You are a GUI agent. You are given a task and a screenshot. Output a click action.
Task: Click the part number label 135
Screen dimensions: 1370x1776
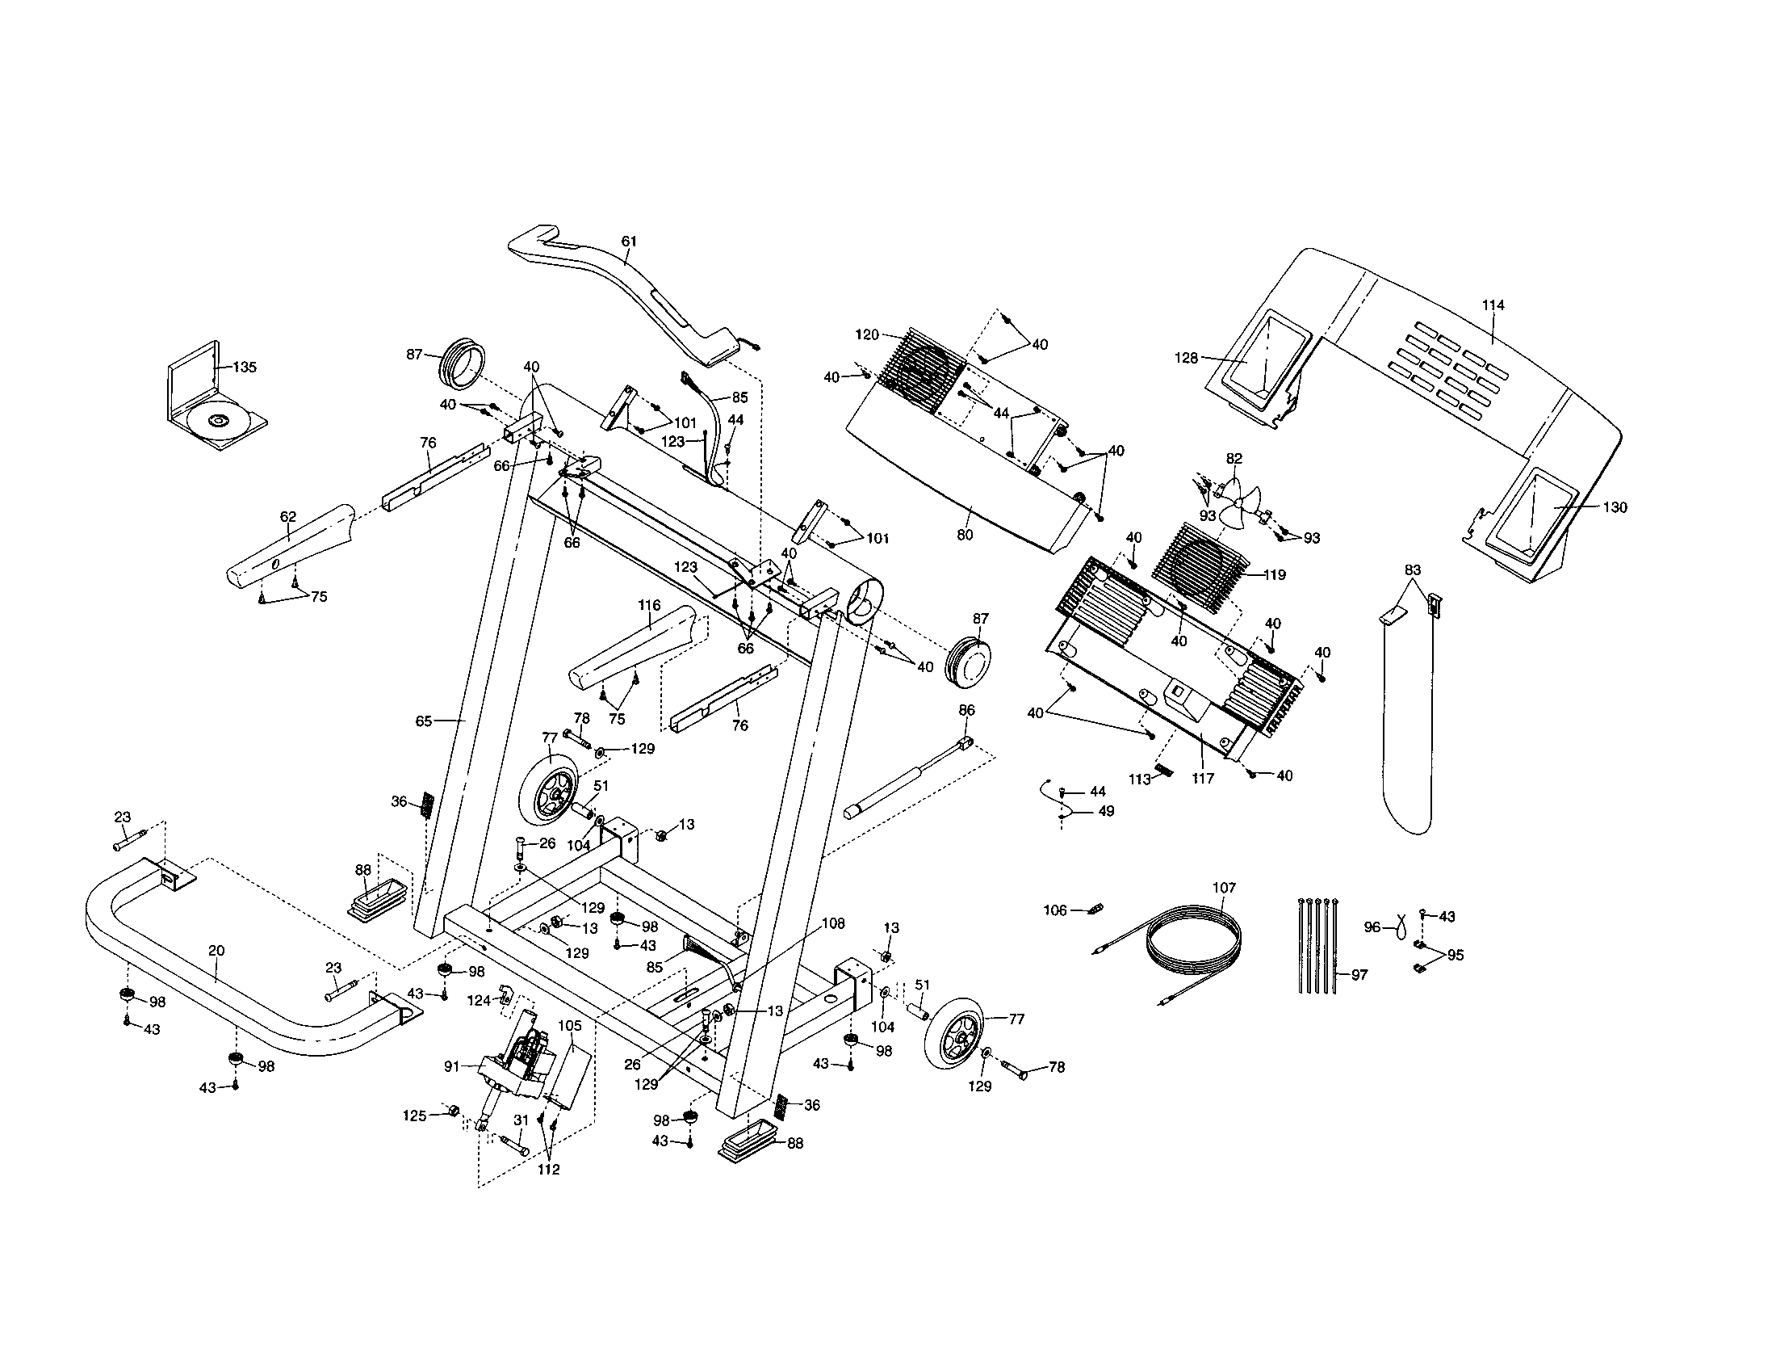click(x=244, y=367)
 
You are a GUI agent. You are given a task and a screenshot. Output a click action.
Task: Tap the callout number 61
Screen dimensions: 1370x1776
click(x=629, y=242)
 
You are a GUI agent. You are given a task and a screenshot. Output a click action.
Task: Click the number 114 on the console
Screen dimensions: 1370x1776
click(x=1493, y=305)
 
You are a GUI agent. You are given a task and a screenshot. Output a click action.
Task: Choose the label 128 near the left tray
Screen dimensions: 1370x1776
click(x=1187, y=357)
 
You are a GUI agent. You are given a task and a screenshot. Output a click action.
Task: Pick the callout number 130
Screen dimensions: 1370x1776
click(x=1615, y=506)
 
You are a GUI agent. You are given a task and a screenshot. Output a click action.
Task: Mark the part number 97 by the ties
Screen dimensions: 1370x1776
click(x=1359, y=975)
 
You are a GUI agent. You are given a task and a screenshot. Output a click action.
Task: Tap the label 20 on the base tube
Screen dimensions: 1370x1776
click(x=216, y=950)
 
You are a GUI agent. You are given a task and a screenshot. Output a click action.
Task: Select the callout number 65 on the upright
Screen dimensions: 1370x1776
click(x=424, y=720)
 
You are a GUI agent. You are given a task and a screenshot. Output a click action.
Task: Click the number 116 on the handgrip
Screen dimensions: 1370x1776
click(x=649, y=605)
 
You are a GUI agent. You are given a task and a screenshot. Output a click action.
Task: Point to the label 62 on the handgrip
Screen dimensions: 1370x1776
click(x=288, y=517)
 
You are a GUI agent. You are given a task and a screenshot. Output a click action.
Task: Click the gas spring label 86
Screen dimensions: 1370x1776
click(x=966, y=710)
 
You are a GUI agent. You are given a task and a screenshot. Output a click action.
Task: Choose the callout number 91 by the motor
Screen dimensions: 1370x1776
click(x=453, y=1065)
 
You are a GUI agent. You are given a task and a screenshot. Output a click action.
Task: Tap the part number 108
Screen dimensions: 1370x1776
click(x=833, y=923)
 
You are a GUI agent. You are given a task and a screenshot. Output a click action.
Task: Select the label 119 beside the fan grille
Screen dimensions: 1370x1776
click(x=1274, y=574)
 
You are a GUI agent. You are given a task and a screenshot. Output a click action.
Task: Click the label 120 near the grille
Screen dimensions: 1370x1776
click(x=867, y=334)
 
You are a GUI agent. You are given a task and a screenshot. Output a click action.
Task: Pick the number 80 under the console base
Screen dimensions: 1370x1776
click(x=965, y=535)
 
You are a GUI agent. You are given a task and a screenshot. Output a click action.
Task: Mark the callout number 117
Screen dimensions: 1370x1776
click(x=1203, y=778)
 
